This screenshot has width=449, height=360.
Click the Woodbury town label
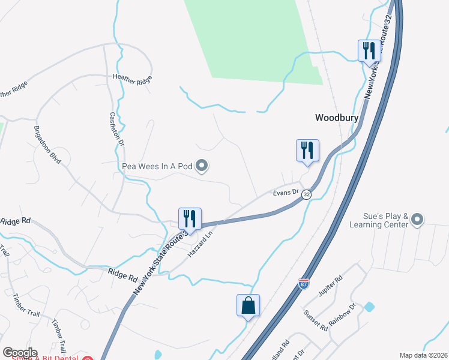click(x=337, y=118)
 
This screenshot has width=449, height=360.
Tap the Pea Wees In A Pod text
click(x=156, y=166)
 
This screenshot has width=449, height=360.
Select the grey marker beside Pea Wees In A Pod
click(x=202, y=166)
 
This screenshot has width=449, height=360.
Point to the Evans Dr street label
click(x=286, y=192)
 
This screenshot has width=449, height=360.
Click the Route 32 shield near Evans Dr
click(x=307, y=194)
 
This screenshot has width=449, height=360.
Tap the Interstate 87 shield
click(x=304, y=282)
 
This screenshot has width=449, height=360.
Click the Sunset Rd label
click(x=315, y=320)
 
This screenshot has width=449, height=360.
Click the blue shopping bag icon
click(x=249, y=305)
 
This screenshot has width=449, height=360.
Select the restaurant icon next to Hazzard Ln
click(x=190, y=218)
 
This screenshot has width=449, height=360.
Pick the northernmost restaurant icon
click(x=369, y=50)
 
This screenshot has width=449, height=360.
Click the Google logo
click(x=20, y=353)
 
